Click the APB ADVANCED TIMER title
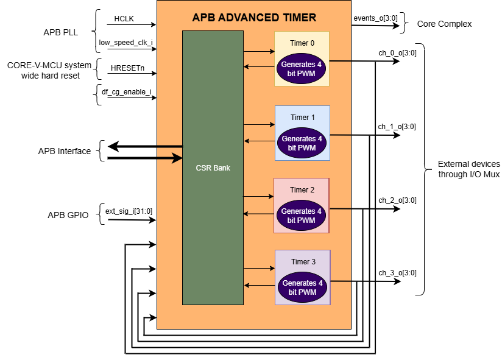(x=254, y=18)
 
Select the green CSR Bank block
(x=212, y=168)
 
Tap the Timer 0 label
(x=302, y=44)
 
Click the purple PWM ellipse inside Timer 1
(x=302, y=143)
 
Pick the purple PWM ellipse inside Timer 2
(x=302, y=216)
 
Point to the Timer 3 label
(x=303, y=262)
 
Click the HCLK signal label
(x=125, y=19)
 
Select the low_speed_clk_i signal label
(x=125, y=43)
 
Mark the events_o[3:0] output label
(x=375, y=18)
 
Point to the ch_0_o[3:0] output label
(x=397, y=53)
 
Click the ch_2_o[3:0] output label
(x=397, y=200)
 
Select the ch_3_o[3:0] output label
(x=397, y=272)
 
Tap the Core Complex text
(x=445, y=24)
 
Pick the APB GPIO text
(x=68, y=215)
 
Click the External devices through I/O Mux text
(x=468, y=169)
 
